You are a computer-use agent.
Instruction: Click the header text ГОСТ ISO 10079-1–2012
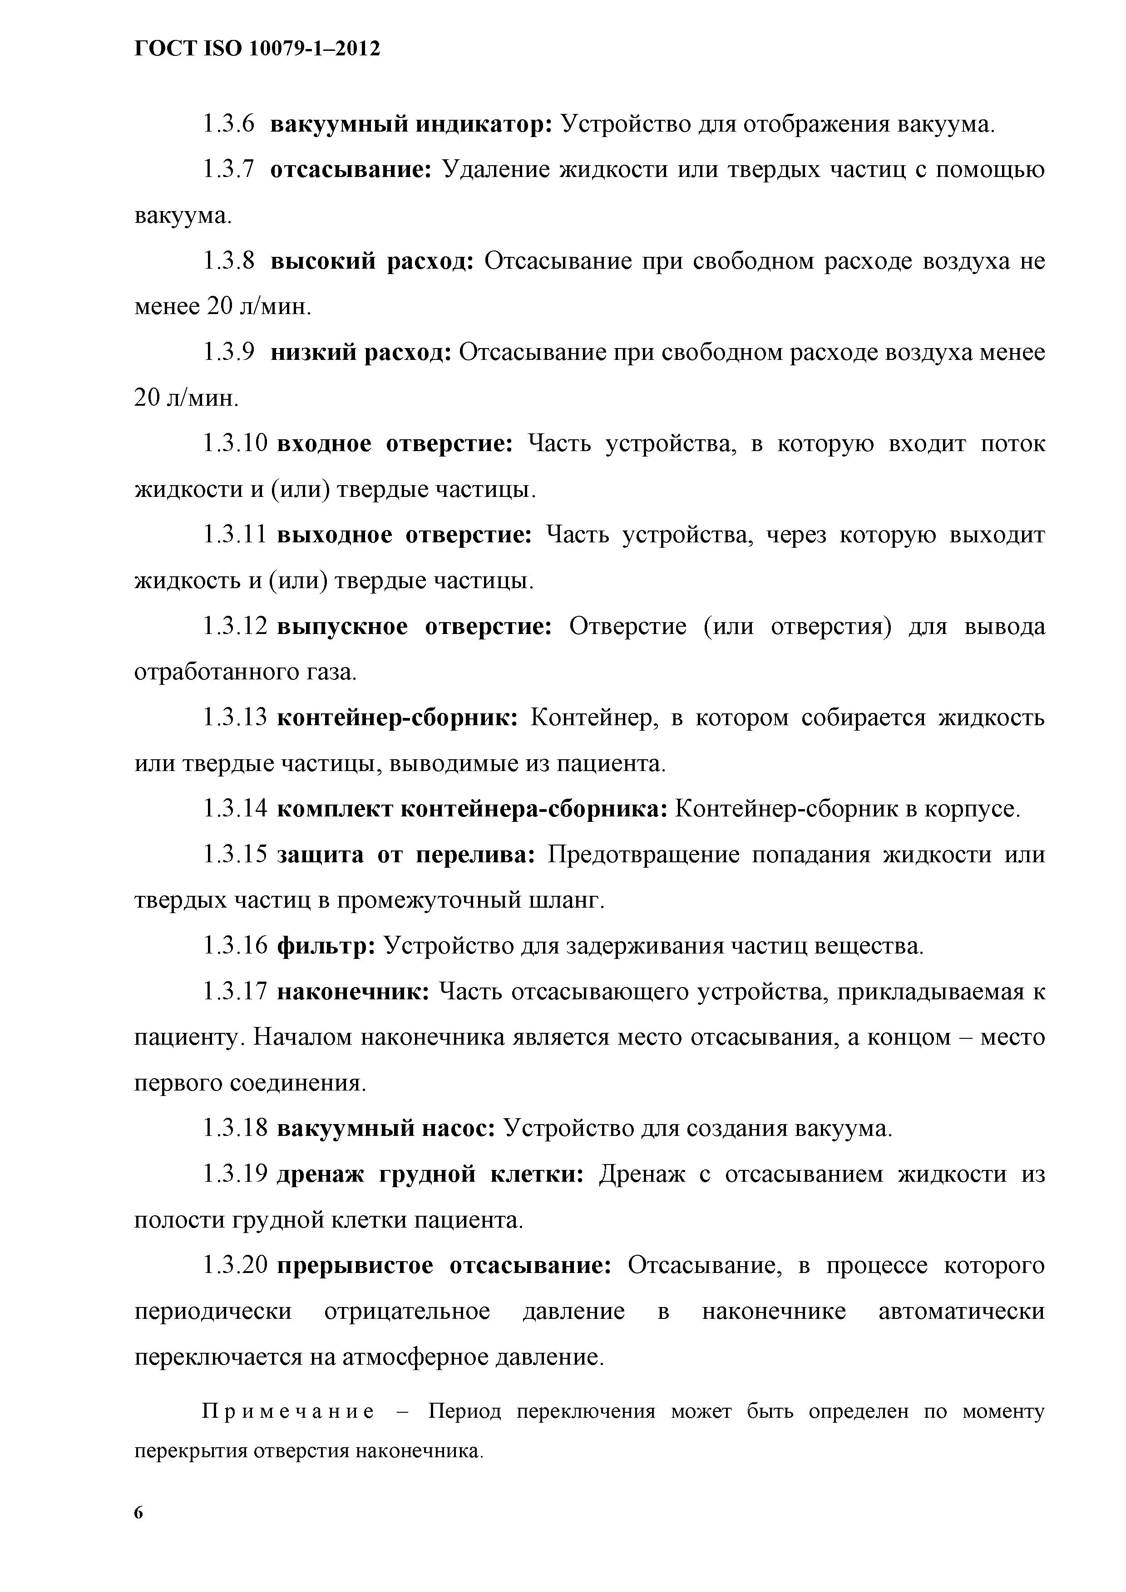tap(257, 49)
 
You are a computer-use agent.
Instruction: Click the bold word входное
tap(324, 444)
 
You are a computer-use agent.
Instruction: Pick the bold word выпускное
tap(343, 627)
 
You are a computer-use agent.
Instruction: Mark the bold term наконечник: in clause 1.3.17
tap(354, 992)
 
